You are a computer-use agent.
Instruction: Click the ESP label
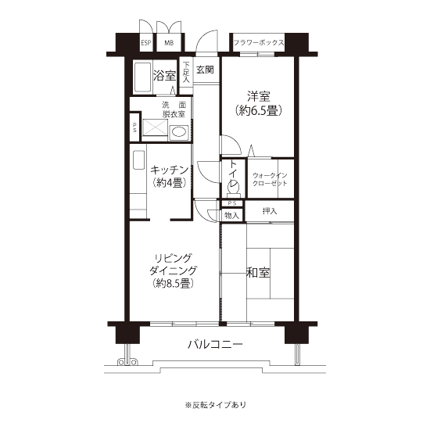point(146,43)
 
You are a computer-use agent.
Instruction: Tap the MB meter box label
point(169,43)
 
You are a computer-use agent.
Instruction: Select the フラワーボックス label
point(259,42)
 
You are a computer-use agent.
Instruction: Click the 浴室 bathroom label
point(164,75)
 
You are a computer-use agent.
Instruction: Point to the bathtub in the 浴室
point(142,77)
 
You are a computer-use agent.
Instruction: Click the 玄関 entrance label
point(205,70)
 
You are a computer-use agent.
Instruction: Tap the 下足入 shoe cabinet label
point(187,72)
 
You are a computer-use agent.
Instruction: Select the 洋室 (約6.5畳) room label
point(259,104)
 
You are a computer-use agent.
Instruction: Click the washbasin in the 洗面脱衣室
point(179,133)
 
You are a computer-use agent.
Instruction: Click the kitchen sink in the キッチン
point(138,159)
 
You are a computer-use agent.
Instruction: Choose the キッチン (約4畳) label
point(169,177)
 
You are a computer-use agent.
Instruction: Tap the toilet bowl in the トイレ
point(233,188)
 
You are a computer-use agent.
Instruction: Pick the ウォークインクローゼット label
point(270,179)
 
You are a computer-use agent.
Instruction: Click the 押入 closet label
point(270,211)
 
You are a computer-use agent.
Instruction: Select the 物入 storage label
point(232,215)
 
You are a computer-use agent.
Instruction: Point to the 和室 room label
point(258,273)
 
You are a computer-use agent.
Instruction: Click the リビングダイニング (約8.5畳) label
point(174,271)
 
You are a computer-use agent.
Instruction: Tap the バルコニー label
point(216,345)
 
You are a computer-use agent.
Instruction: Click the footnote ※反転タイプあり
point(216,405)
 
